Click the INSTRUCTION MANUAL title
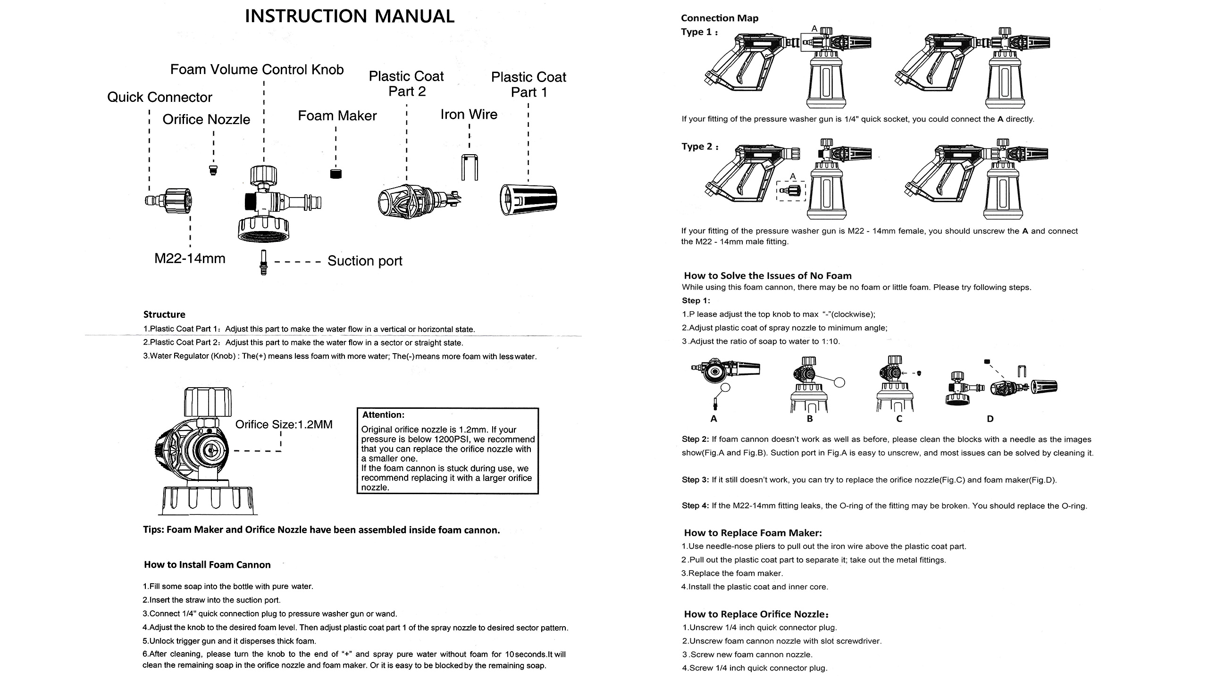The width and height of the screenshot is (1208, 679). (x=349, y=16)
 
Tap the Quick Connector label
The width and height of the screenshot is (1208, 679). (x=159, y=97)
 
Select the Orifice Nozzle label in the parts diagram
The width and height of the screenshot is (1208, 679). (x=206, y=119)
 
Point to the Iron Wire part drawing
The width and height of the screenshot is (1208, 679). (x=469, y=167)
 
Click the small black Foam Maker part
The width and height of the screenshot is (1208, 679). (x=336, y=174)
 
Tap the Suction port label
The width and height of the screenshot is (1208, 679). (x=365, y=261)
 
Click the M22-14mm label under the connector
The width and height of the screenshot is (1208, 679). (x=190, y=258)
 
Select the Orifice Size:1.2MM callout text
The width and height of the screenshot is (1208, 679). (x=284, y=424)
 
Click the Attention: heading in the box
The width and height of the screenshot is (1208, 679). (x=383, y=415)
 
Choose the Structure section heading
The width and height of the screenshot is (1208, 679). (x=164, y=315)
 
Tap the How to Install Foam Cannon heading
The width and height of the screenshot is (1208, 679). (x=207, y=564)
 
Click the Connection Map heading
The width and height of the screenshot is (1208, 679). (x=720, y=18)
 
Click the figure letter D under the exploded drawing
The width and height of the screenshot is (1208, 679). (x=990, y=419)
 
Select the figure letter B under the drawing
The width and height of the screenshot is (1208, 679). (x=810, y=419)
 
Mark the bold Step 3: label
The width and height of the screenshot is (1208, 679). (x=695, y=480)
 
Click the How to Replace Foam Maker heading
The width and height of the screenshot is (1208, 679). (x=753, y=533)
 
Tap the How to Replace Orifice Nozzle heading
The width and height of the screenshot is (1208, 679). (x=756, y=614)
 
